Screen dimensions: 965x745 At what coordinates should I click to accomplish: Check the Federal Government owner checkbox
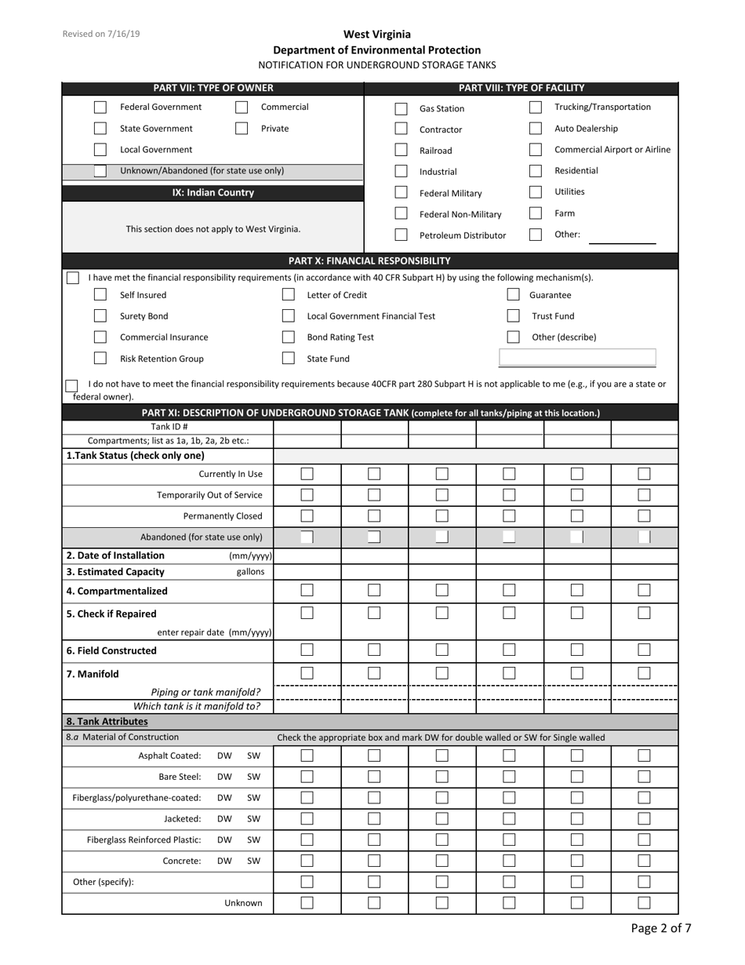tap(100, 107)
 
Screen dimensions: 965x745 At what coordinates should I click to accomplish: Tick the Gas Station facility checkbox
tap(401, 109)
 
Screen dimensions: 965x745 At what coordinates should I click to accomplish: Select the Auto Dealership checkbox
tap(536, 129)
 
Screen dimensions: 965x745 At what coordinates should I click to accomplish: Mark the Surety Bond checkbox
tap(100, 316)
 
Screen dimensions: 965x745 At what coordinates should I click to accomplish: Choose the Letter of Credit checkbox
tap(289, 295)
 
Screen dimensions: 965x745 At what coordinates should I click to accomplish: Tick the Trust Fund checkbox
tap(513, 316)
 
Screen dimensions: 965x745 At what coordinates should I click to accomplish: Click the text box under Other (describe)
tap(577, 359)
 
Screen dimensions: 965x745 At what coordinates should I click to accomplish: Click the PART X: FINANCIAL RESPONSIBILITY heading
tap(369, 260)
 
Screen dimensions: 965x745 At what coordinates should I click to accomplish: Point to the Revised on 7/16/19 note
tap(101, 35)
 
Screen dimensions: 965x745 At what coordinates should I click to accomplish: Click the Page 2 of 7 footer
tap(661, 929)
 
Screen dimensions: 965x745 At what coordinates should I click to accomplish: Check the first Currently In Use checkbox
tap(307, 474)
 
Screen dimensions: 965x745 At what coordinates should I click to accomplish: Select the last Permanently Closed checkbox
tap(644, 516)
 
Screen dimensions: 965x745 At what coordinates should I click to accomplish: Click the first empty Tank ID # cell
tap(307, 428)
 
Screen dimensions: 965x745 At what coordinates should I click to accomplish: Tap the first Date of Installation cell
tap(307, 555)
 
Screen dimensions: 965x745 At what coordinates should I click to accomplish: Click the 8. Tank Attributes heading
tap(107, 721)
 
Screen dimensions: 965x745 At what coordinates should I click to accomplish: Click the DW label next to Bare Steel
tap(224, 777)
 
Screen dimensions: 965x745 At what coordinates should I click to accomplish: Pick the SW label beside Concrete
tap(253, 861)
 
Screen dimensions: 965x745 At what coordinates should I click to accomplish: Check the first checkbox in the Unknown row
tap(307, 903)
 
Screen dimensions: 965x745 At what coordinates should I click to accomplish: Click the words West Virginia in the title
tap(376, 35)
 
